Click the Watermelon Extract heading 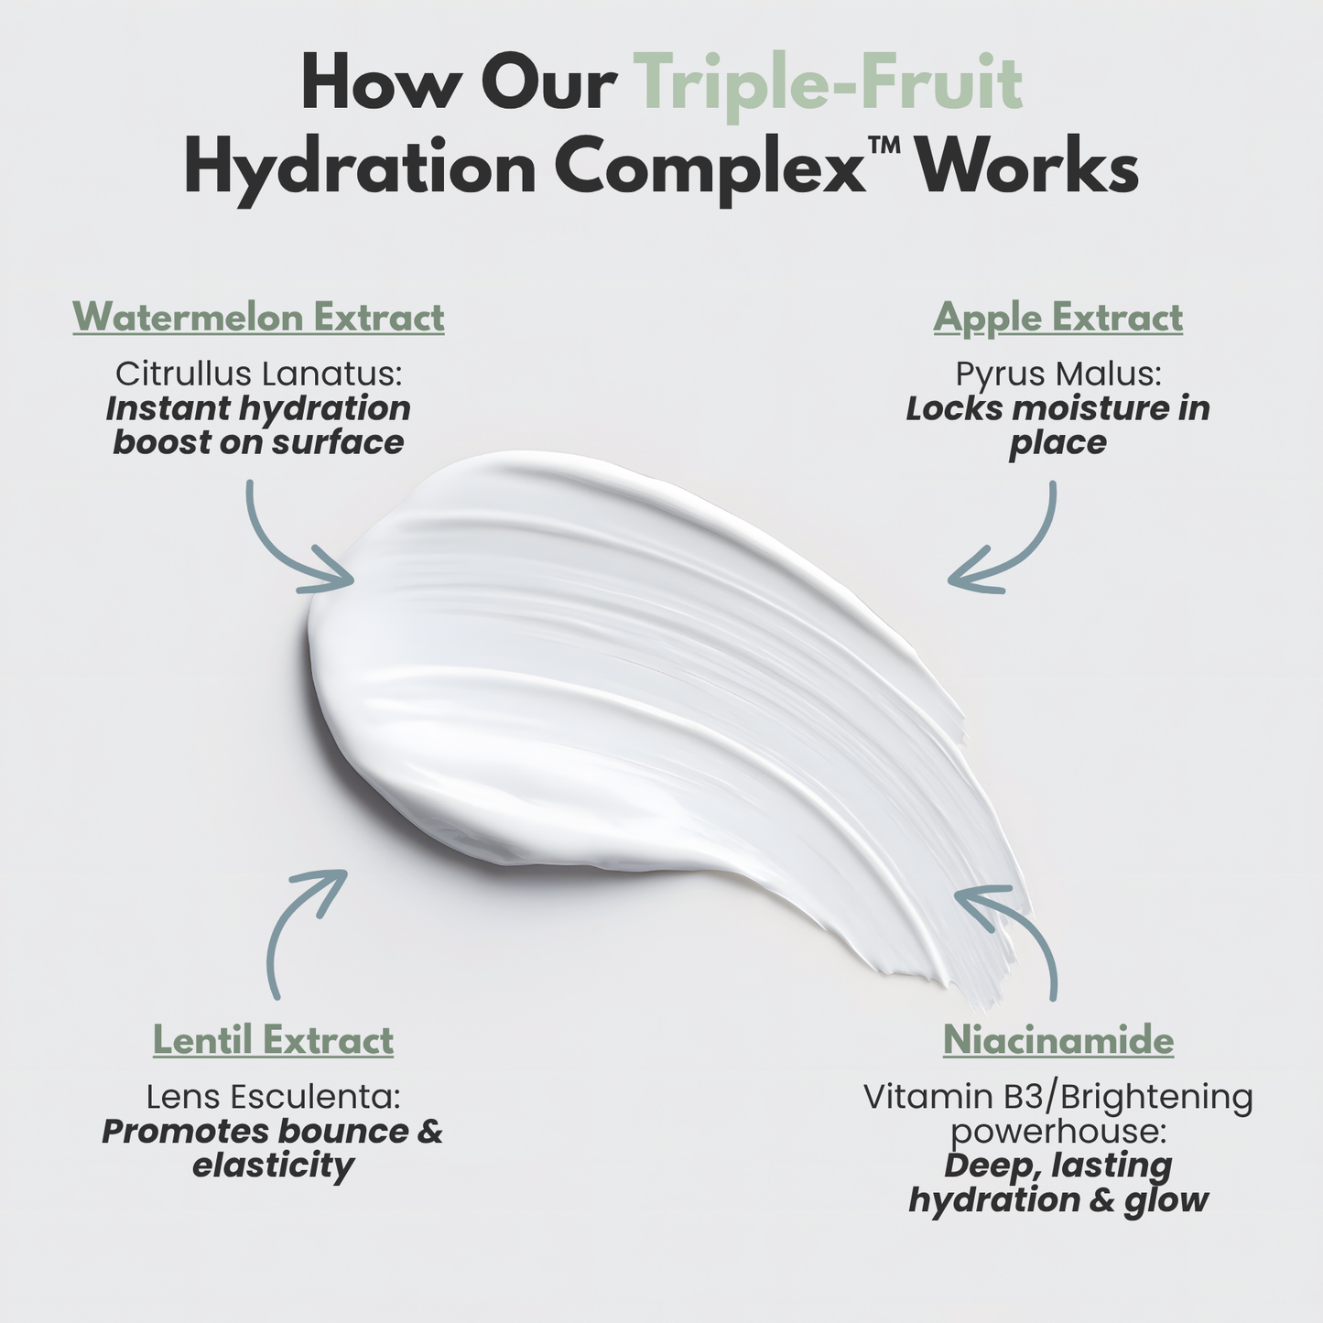(258, 318)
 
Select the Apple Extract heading (1057, 318)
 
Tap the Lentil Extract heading (273, 1040)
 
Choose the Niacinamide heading (1057, 1040)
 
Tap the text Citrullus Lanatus (258, 374)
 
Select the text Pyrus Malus (1057, 374)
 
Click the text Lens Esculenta (273, 1096)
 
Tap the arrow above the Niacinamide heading (1016, 934)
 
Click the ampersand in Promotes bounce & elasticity (428, 1132)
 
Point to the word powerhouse (1057, 1132)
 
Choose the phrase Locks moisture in (1057, 408)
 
